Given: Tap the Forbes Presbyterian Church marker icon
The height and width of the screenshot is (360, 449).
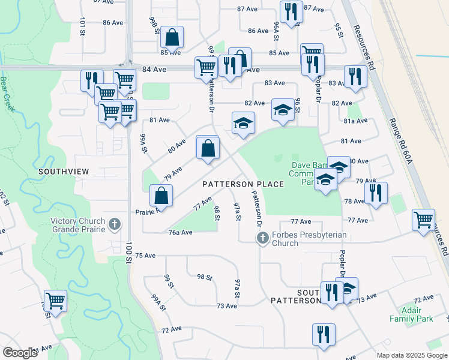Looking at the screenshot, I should click(x=262, y=239).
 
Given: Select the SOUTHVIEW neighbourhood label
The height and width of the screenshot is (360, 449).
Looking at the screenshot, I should click(x=64, y=172).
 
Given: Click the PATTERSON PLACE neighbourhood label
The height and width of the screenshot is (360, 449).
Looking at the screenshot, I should click(x=243, y=184).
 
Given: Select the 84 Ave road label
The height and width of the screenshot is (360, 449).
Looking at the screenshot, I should click(x=154, y=70).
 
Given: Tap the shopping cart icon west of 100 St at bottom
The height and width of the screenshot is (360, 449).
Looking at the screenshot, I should click(x=55, y=300).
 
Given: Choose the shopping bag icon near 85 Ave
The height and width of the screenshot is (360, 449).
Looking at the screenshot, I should click(x=172, y=37).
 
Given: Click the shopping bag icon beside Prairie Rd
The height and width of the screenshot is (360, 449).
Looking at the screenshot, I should click(x=161, y=195).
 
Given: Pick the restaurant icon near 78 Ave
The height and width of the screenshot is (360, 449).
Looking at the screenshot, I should click(x=376, y=193).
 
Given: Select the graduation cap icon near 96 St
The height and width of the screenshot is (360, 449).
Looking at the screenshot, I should click(x=283, y=109).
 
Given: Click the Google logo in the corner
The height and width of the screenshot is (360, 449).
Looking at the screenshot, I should click(x=20, y=353).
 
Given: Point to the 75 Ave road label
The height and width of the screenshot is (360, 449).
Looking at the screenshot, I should click(x=145, y=256).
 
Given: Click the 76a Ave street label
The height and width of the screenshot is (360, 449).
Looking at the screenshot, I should click(x=180, y=232).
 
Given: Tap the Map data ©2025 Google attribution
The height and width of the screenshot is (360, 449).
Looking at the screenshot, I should click(x=411, y=355).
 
